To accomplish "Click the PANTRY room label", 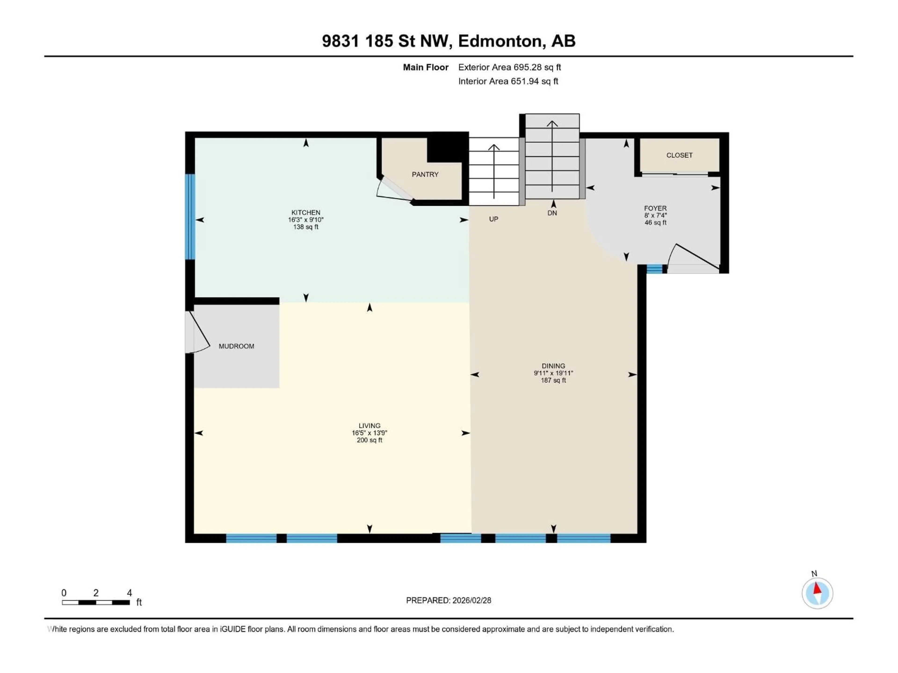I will [x=425, y=174].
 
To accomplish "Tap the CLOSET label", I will [x=679, y=155].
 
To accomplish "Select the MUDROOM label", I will [x=236, y=346].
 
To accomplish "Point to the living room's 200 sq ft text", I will [x=369, y=440].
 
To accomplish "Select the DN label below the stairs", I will [x=552, y=213].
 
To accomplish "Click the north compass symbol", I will [x=817, y=593].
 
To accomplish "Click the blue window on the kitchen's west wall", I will [x=190, y=217].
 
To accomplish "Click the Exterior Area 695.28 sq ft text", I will [x=510, y=67].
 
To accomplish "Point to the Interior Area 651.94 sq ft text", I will [x=508, y=81].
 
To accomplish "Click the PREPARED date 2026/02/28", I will [x=448, y=600].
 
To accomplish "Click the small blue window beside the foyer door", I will [x=654, y=268].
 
